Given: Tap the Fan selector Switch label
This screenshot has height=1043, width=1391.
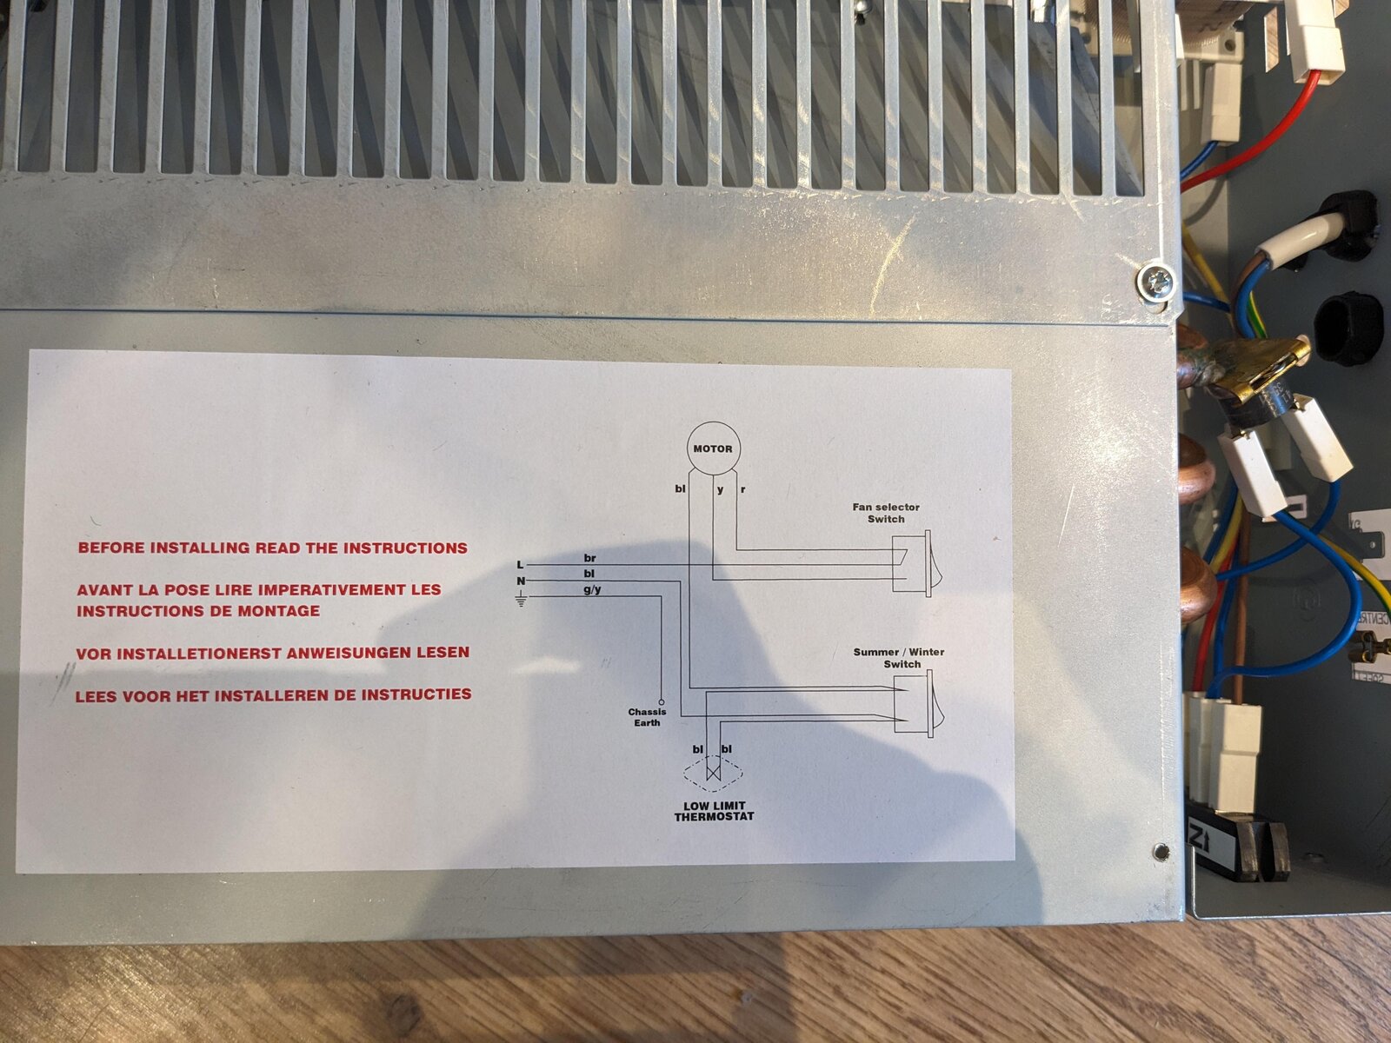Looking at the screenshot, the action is coord(886,513).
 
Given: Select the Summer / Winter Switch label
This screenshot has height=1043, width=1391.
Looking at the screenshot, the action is coord(899,658).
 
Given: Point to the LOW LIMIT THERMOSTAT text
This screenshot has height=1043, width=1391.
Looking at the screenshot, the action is coord(715,811).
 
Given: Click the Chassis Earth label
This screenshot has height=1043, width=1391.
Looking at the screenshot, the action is coord(647,717).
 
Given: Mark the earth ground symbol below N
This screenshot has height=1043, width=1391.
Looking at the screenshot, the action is coord(521,599).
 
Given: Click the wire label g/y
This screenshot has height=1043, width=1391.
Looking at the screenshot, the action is coord(593,589).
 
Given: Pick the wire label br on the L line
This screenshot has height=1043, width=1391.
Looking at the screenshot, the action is coord(590,559).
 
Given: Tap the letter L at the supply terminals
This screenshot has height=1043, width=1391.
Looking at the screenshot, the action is coord(520,565).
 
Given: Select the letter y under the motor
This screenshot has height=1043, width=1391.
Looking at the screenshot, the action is coord(721,490).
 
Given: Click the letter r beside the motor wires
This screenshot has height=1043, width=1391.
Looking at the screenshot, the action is coord(742,489).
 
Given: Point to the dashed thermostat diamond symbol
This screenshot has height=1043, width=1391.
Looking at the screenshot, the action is coord(714,774).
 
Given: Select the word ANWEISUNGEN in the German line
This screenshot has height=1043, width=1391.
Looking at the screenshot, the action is coord(348,653).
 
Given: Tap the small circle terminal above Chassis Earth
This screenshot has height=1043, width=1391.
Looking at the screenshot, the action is coord(662,701).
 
